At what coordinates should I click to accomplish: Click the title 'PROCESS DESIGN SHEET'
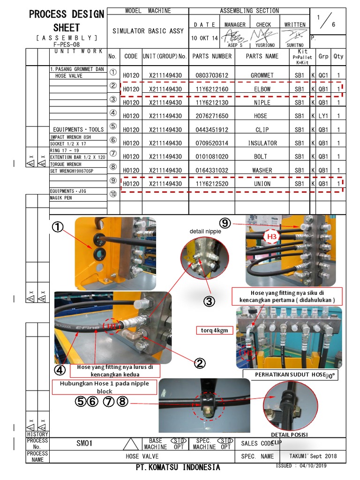pyautogui.click(x=67, y=21)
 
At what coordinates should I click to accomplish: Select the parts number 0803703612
pyautogui.click(x=211, y=75)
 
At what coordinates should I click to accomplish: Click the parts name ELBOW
pyautogui.click(x=262, y=89)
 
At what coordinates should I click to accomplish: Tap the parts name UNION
pyautogui.click(x=262, y=184)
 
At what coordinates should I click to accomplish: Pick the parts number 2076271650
pyautogui.click(x=211, y=116)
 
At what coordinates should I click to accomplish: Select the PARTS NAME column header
pyautogui.click(x=262, y=56)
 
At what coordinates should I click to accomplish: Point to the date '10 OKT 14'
pyautogui.click(x=204, y=38)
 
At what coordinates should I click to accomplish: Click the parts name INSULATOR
pyautogui.click(x=262, y=143)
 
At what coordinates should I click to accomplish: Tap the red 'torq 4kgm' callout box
pyautogui.click(x=214, y=330)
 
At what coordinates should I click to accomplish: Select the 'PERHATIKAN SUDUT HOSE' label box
pyautogui.click(x=290, y=375)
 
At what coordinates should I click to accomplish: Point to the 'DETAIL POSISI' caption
pyautogui.click(x=289, y=435)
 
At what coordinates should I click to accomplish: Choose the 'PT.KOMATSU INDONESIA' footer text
pyautogui.click(x=178, y=467)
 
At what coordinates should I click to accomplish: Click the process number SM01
pyautogui.click(x=85, y=443)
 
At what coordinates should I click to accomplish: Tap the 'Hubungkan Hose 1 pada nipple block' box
pyautogui.click(x=104, y=387)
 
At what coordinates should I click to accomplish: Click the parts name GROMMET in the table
pyautogui.click(x=262, y=75)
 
